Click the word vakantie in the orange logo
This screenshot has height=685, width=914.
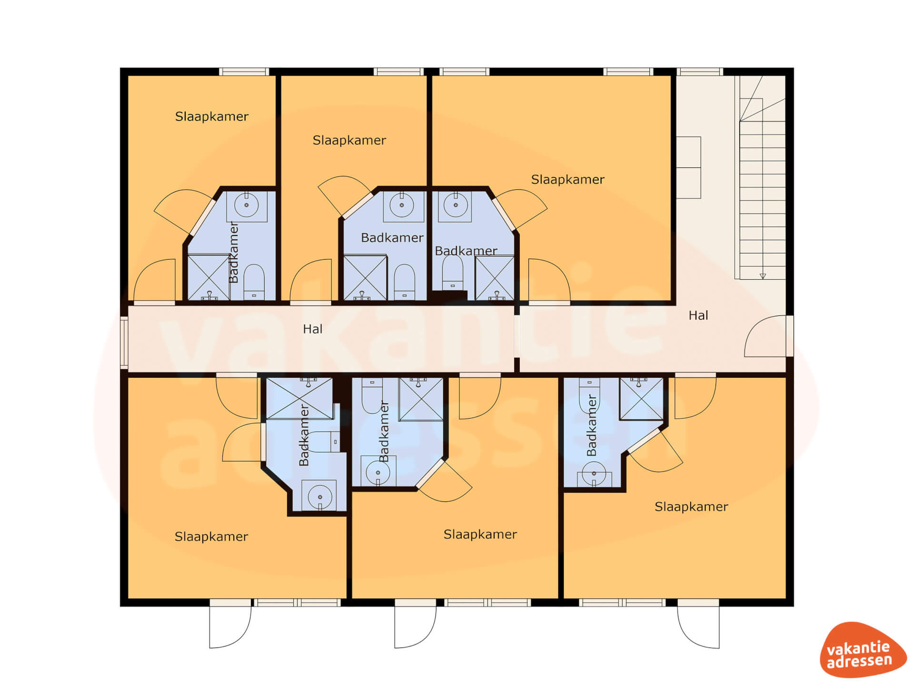[858, 648]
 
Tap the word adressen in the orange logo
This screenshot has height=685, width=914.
[859, 661]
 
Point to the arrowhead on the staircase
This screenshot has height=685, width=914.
[763, 276]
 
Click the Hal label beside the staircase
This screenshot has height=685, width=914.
[698, 315]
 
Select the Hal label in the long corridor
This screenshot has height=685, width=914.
[313, 329]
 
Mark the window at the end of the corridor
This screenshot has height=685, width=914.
[124, 342]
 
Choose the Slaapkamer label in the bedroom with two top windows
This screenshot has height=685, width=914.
[567, 179]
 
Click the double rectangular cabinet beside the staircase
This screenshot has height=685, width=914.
[688, 167]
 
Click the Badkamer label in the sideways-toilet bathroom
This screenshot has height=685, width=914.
[304, 435]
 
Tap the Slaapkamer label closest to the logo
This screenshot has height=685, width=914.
[691, 507]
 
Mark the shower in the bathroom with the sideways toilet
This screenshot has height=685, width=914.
[299, 398]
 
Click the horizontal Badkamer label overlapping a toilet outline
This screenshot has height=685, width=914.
[466, 251]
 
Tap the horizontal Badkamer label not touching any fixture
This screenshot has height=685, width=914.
[392, 237]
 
